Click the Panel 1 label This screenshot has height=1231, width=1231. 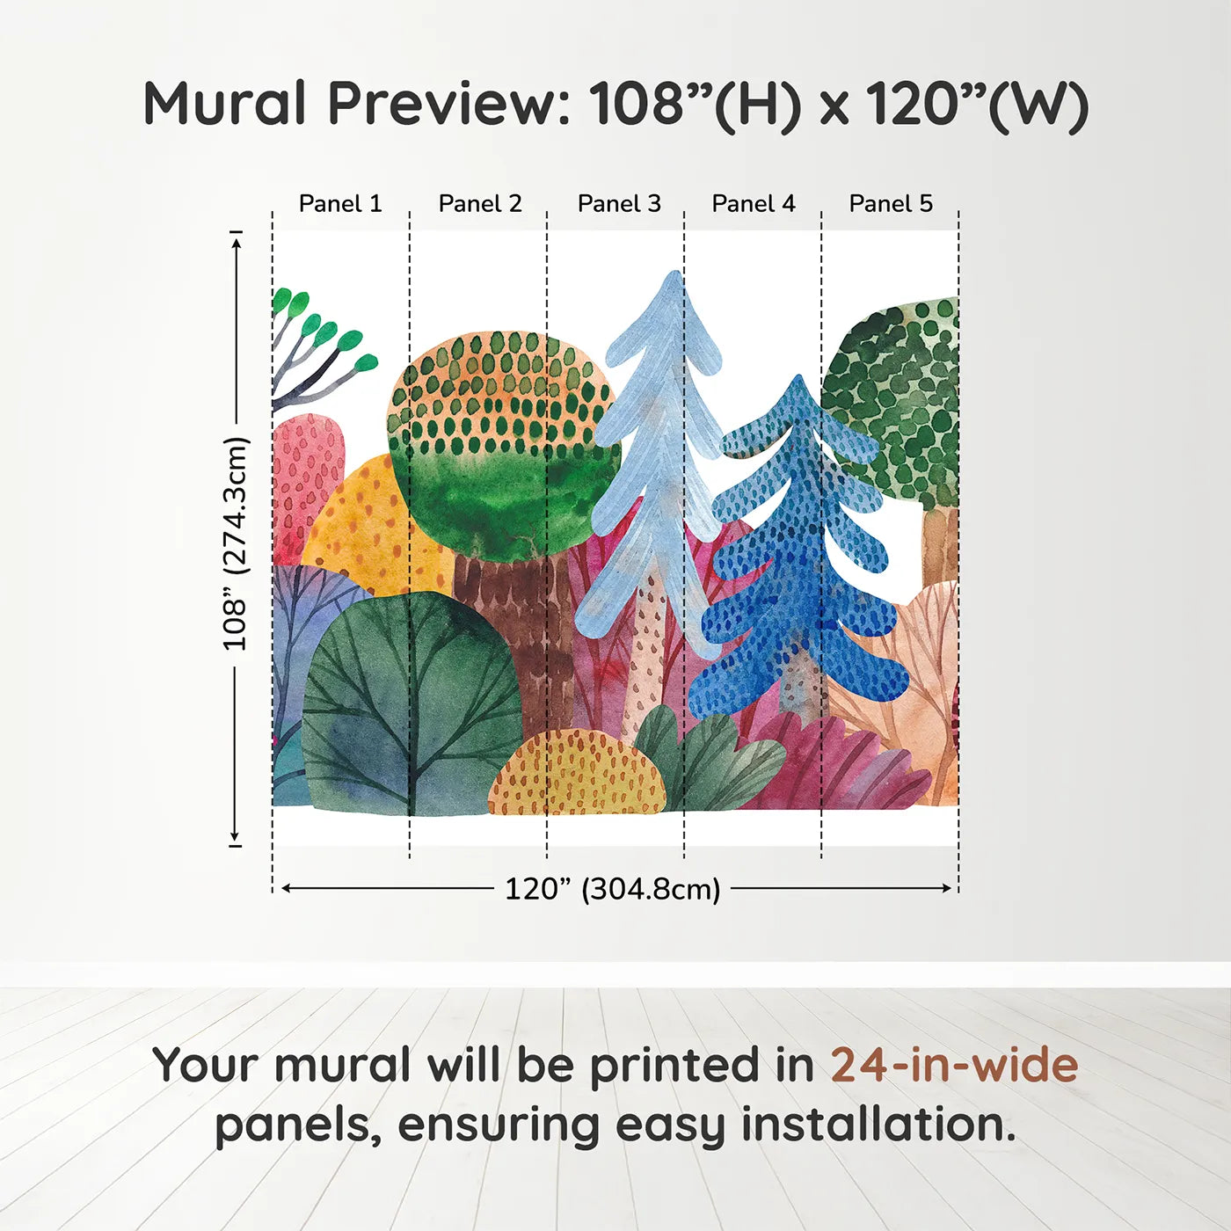point(340,204)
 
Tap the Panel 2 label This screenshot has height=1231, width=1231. point(480,204)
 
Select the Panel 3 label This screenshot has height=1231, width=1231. point(619,204)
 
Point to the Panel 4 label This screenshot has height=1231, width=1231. point(754,204)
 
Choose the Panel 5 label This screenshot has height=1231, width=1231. point(891,204)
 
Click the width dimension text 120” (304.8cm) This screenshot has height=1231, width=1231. point(612,889)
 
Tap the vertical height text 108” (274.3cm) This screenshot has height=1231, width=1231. point(236,543)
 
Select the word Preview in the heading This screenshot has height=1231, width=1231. point(448,104)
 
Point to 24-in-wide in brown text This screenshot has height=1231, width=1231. point(954,1065)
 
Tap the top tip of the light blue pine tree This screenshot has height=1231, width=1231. point(674,274)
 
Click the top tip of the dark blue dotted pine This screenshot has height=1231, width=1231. point(798,379)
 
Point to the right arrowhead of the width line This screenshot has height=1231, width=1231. point(949,888)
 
